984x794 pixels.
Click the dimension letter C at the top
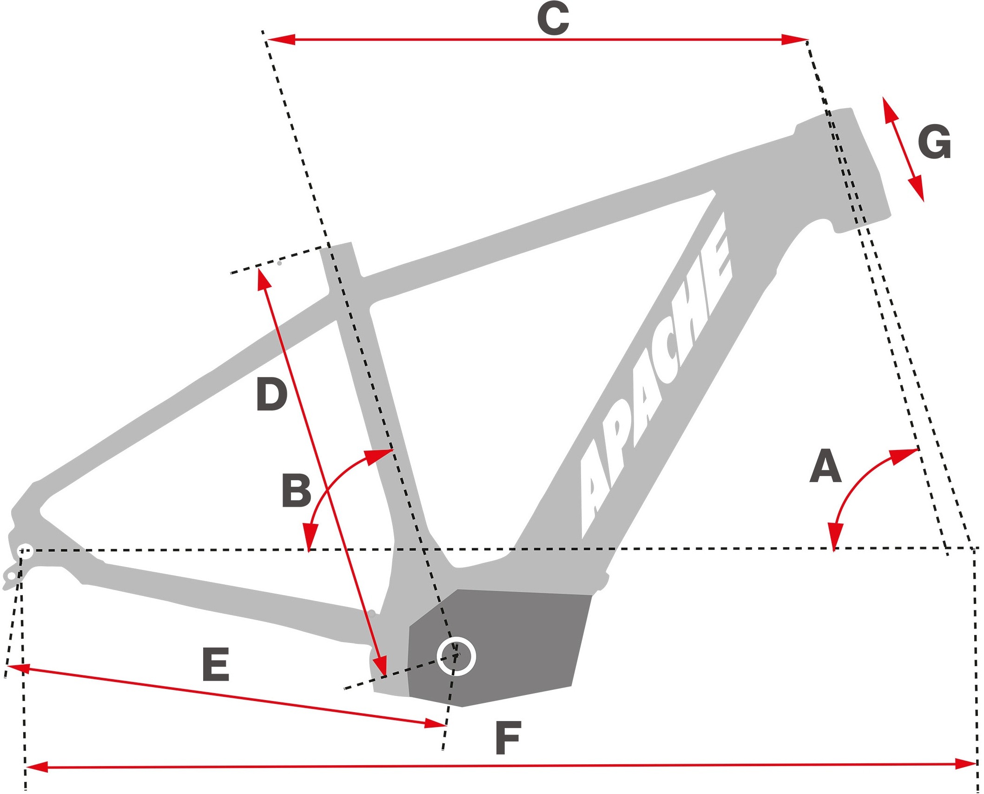click(x=553, y=19)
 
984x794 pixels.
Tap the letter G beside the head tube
click(x=934, y=142)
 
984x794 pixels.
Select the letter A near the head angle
click(x=826, y=466)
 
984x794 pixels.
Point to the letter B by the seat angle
click(x=297, y=491)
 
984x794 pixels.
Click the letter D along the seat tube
click(x=272, y=395)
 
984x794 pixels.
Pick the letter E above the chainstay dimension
click(x=216, y=665)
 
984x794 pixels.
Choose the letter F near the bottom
click(x=508, y=738)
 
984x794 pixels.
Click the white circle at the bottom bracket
click(x=456, y=656)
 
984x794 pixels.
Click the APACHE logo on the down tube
click(x=655, y=377)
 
